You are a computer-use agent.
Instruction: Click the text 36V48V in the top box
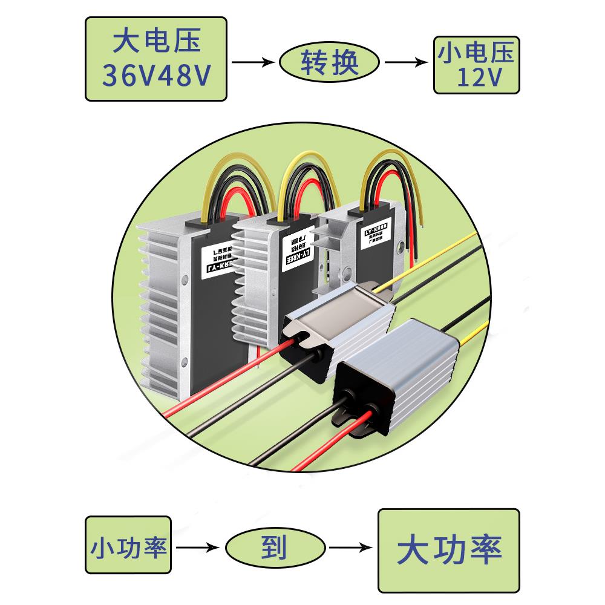(155, 76)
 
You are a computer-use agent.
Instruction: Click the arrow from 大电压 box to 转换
(252, 62)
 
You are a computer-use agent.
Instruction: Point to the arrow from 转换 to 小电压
(406, 62)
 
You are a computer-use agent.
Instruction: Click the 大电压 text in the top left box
(155, 42)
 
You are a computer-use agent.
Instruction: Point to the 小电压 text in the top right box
(476, 53)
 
